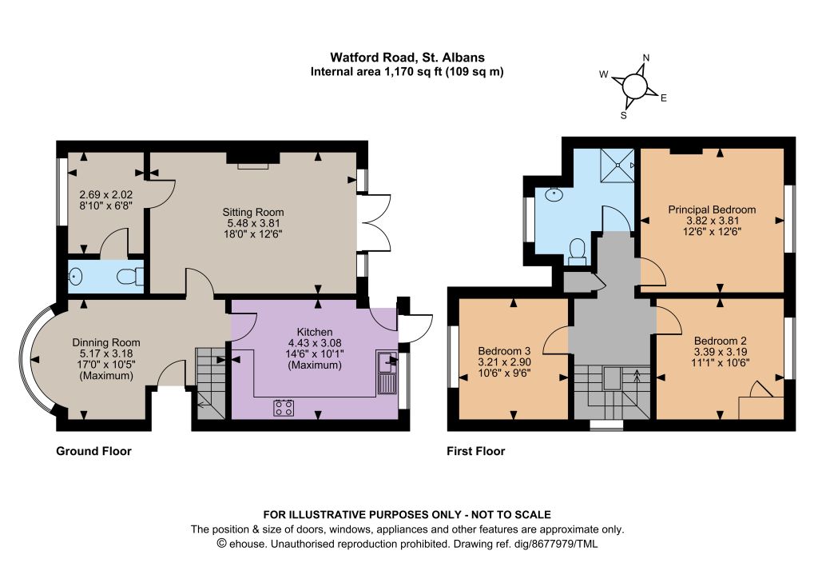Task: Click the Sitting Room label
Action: pyautogui.click(x=253, y=212)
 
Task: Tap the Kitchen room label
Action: pyautogui.click(x=315, y=332)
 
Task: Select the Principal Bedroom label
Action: pyautogui.click(x=712, y=210)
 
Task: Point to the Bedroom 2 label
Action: pyautogui.click(x=720, y=341)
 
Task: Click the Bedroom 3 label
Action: pyautogui.click(x=505, y=350)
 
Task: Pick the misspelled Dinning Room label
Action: pyautogui.click(x=106, y=342)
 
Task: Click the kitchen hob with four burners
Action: pyautogui.click(x=284, y=407)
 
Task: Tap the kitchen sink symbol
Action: pyautogui.click(x=387, y=373)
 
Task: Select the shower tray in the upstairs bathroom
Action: pyautogui.click(x=617, y=165)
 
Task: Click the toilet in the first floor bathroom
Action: pyautogui.click(x=577, y=251)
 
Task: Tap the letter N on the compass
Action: pyautogui.click(x=645, y=58)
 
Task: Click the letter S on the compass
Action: pyautogui.click(x=623, y=115)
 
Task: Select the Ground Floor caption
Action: pyautogui.click(x=94, y=451)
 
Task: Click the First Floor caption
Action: pyautogui.click(x=476, y=451)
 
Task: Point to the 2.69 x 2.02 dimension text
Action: pyautogui.click(x=106, y=195)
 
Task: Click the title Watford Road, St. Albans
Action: pyautogui.click(x=407, y=58)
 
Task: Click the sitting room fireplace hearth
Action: pyautogui.click(x=253, y=166)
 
